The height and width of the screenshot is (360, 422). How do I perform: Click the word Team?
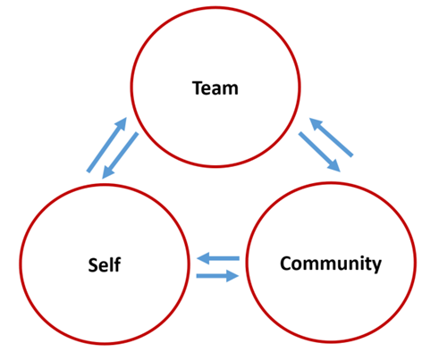click(215, 88)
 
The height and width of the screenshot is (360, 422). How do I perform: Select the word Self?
click(105, 264)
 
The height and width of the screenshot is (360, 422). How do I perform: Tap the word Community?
click(331, 264)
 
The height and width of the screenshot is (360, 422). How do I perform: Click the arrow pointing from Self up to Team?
click(106, 145)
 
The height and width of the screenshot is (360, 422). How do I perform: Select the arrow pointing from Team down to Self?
click(120, 155)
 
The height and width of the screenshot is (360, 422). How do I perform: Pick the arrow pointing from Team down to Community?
click(319, 152)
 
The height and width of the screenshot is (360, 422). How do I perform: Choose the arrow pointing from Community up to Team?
click(332, 137)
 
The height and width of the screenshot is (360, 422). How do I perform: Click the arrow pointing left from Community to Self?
click(218, 258)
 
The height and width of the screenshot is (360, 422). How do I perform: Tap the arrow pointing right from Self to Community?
click(217, 276)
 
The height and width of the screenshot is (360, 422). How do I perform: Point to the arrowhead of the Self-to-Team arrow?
click(122, 123)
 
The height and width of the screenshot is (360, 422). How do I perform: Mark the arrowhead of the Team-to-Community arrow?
click(334, 167)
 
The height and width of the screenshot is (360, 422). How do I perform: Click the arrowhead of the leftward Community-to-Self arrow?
click(204, 258)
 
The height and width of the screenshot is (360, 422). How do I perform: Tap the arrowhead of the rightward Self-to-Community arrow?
click(232, 276)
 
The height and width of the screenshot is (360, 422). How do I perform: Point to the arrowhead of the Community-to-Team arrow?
click(315, 123)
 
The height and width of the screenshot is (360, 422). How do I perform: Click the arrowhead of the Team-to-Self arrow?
click(106, 172)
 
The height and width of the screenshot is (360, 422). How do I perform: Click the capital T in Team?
click(198, 88)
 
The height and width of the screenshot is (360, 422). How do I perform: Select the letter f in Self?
click(117, 264)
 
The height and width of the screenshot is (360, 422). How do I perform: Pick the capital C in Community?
click(286, 263)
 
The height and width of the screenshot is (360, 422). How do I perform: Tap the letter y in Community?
click(376, 266)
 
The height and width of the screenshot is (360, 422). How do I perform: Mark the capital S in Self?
click(93, 265)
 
